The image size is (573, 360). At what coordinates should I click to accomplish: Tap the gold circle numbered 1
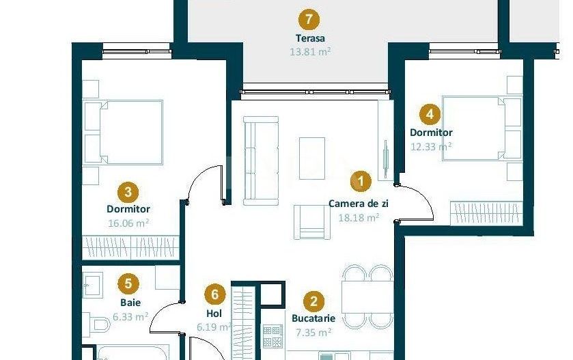click(360, 182)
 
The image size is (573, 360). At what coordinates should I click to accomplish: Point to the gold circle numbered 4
click(428, 114)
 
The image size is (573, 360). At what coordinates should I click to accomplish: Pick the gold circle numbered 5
click(128, 282)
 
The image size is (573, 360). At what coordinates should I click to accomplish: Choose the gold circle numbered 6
click(215, 294)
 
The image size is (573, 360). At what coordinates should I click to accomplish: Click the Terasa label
click(310, 38)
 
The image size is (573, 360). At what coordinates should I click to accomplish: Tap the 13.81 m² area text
click(310, 51)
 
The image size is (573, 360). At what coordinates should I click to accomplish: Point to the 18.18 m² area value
click(359, 218)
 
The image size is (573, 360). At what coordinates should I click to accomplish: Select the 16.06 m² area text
click(128, 223)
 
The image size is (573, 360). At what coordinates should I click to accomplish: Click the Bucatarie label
click(313, 318)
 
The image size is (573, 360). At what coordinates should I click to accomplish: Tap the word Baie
click(130, 302)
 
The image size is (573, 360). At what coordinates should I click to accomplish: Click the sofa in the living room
click(262, 161)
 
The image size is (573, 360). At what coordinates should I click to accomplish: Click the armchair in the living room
click(311, 221)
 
